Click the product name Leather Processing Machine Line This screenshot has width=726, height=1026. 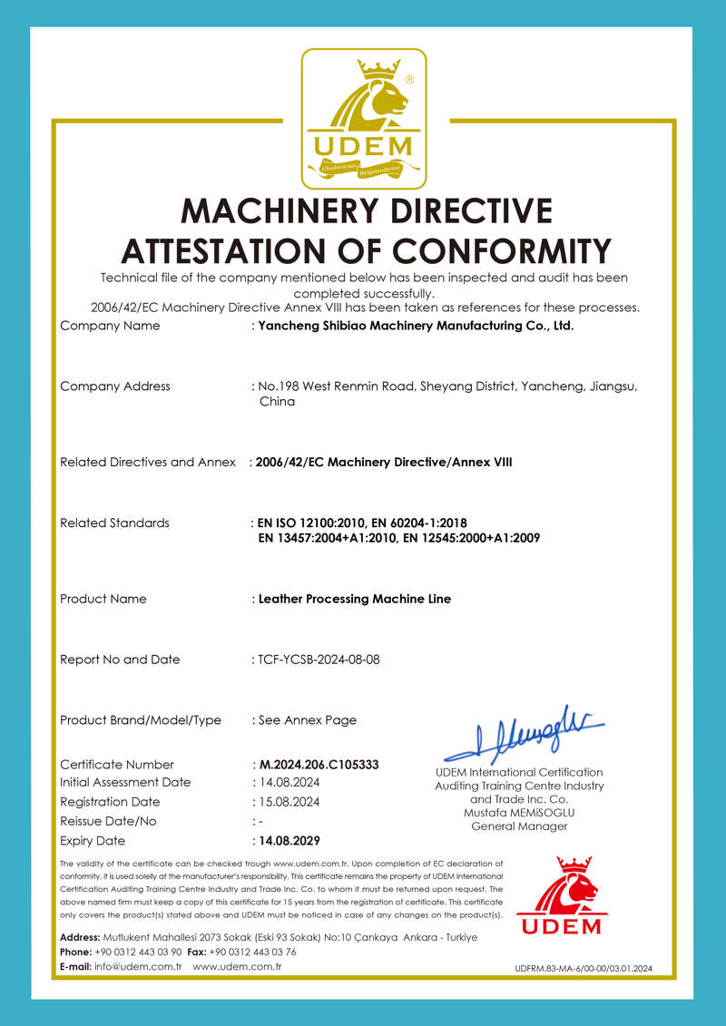(355, 599)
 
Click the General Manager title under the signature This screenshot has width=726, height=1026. (519, 826)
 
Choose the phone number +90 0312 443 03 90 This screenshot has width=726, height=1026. (138, 952)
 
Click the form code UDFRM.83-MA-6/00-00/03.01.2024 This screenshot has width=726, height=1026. (583, 969)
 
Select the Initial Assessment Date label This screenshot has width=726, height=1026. (125, 782)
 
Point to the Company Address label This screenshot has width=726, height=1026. (114, 386)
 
